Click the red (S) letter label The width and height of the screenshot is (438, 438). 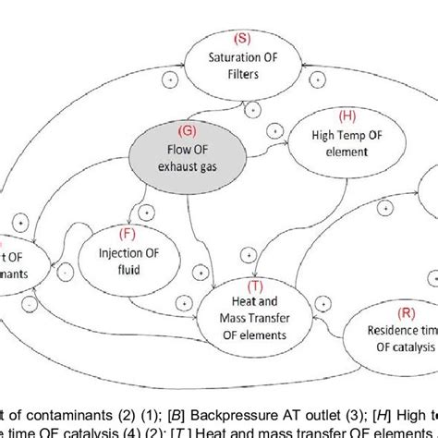(x=242, y=39)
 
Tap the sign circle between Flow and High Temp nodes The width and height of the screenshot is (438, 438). (x=274, y=135)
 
